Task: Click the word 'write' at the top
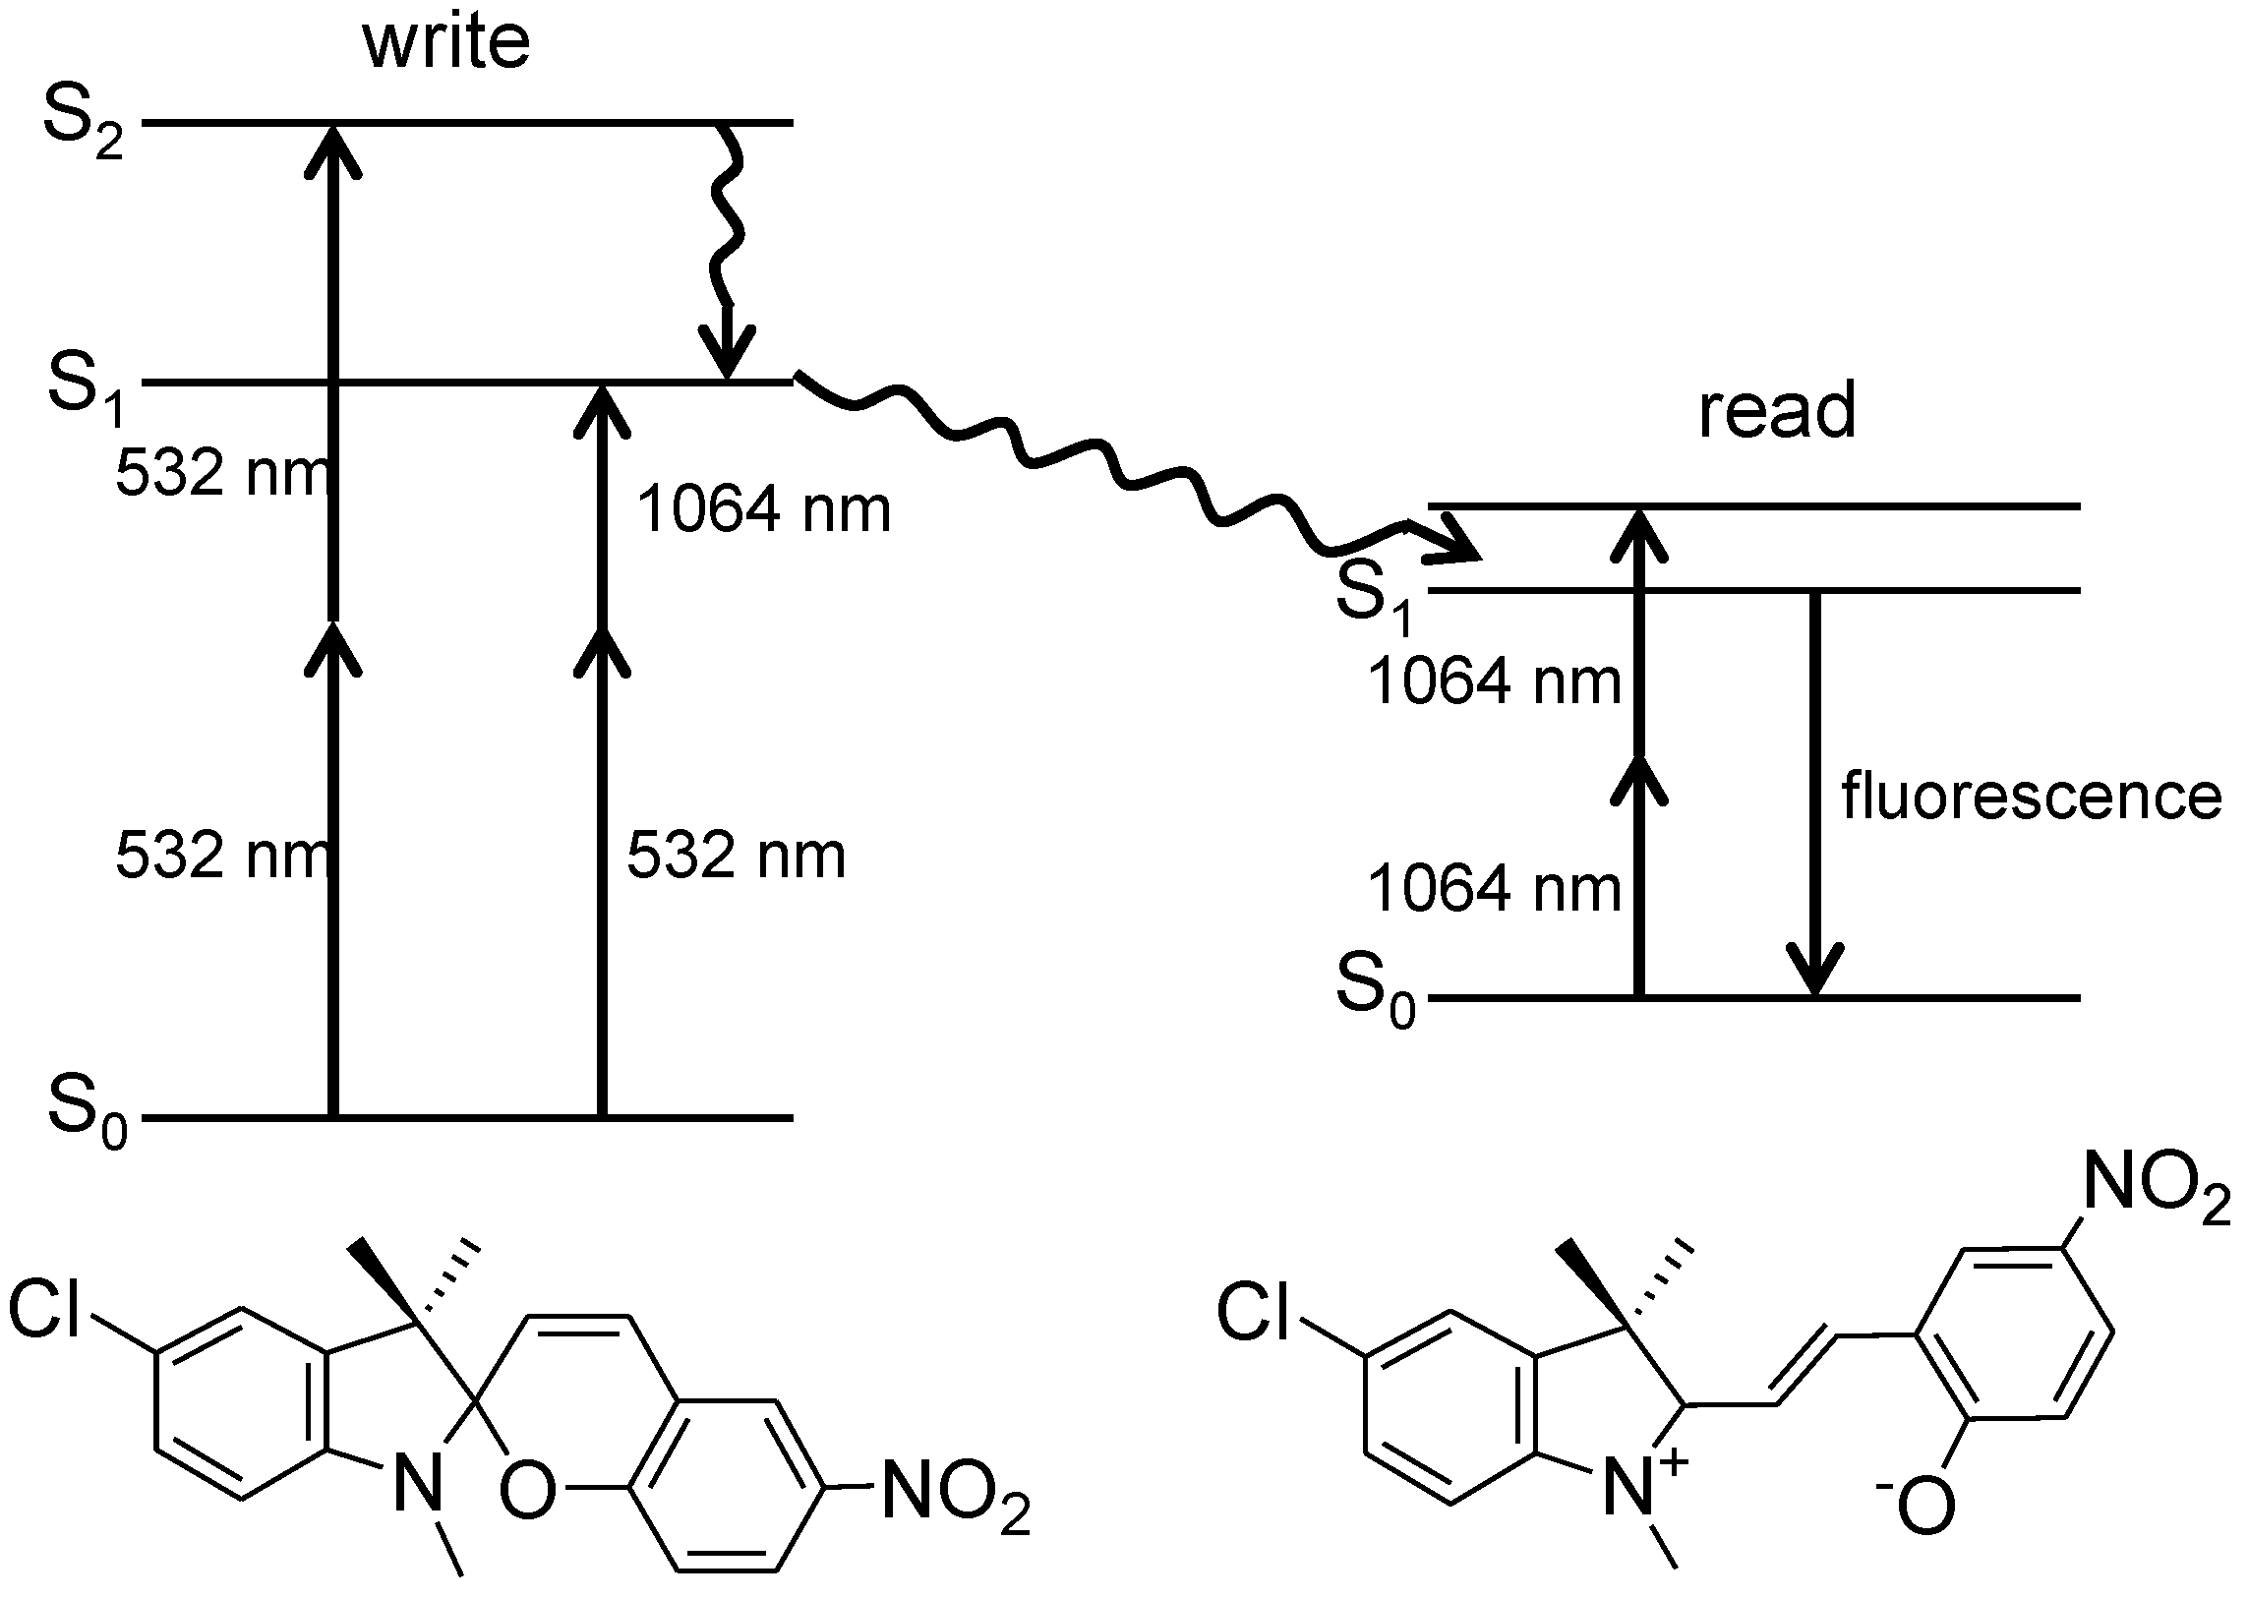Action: [446, 44]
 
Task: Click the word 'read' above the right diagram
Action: [1776, 411]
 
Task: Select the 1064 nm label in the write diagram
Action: [763, 510]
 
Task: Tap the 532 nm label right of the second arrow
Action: [736, 855]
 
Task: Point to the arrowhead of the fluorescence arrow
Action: [1814, 970]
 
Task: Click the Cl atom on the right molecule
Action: [1253, 1313]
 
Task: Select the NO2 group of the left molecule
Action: [955, 1489]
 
